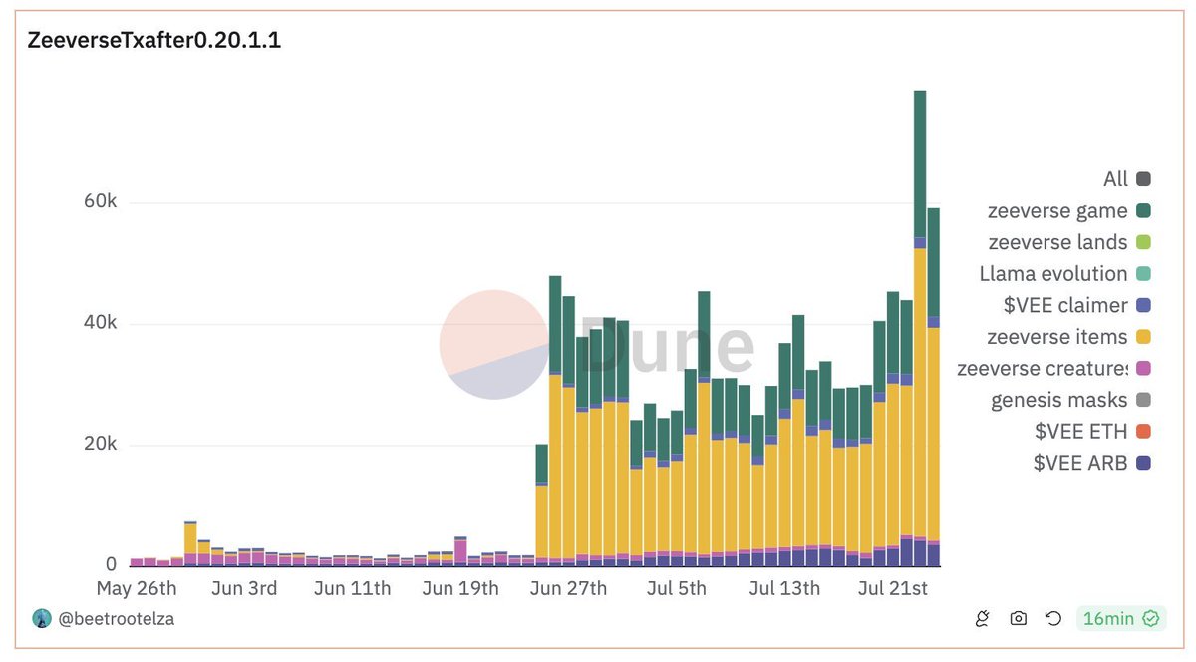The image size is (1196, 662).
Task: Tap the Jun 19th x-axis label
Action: (x=459, y=588)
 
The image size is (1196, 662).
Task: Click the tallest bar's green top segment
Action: (x=920, y=165)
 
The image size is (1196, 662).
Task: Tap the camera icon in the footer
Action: (x=1018, y=619)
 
